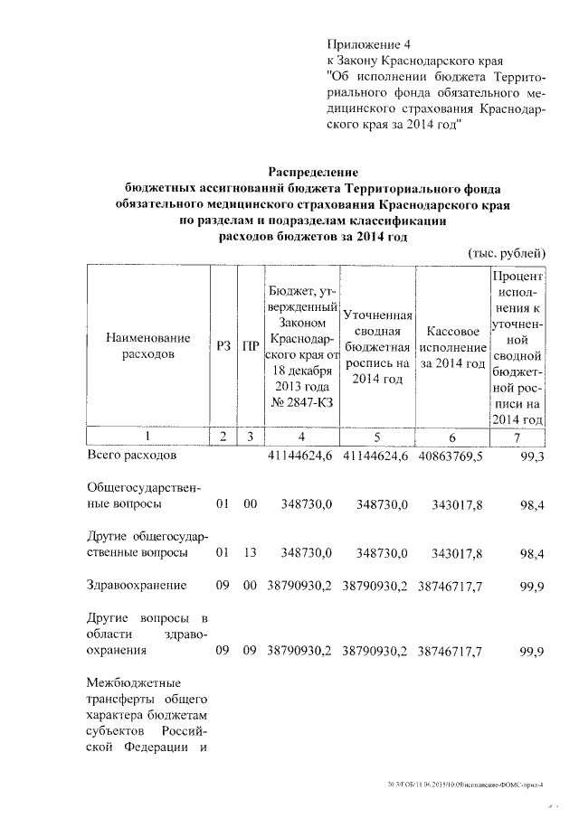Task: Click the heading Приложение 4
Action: point(367,43)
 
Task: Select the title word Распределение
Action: point(313,171)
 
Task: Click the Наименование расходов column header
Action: point(148,345)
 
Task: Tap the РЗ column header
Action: point(223,345)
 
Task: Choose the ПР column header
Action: point(251,345)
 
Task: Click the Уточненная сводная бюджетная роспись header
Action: point(377,346)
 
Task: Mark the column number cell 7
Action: point(517,436)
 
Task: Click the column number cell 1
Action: point(148,436)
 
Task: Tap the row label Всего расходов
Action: point(126,456)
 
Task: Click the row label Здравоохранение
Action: point(137,585)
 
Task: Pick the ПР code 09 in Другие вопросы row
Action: point(251,650)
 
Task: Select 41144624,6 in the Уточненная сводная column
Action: point(377,457)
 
